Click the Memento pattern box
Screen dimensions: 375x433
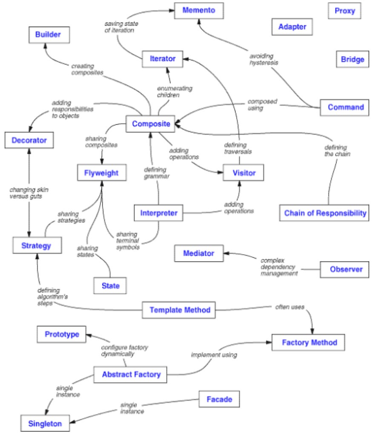(x=199, y=11)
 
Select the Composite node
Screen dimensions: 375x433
(x=151, y=124)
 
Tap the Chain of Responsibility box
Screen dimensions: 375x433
(x=324, y=213)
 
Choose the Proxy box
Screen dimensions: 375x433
(x=344, y=11)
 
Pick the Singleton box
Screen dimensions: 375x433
(x=45, y=423)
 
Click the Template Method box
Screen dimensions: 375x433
(x=179, y=310)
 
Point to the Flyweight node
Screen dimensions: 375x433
(x=102, y=173)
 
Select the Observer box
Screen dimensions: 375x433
(x=344, y=269)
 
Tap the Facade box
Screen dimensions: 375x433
(x=219, y=399)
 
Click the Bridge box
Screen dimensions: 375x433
(x=352, y=59)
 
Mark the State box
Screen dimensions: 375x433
(x=110, y=286)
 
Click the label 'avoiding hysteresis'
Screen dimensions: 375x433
(x=263, y=59)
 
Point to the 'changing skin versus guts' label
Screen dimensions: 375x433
(x=29, y=193)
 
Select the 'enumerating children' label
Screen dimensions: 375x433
(x=175, y=92)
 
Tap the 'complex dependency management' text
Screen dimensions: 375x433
(x=279, y=267)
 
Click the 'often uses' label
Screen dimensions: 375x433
(x=290, y=307)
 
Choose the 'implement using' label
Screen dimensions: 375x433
(x=214, y=355)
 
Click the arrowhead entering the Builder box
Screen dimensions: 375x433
(x=46, y=46)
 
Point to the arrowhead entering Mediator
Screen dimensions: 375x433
(x=226, y=253)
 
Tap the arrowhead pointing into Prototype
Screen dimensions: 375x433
(x=89, y=335)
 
